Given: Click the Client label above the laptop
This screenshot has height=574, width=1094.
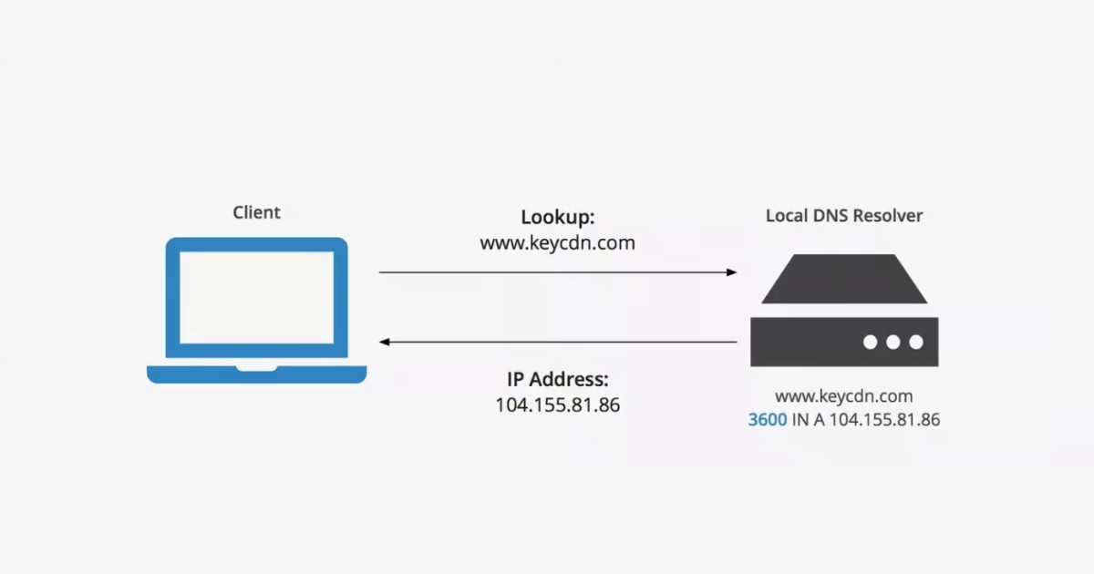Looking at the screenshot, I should coord(256,212).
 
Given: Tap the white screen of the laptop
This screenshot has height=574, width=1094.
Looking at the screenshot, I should coord(256,298).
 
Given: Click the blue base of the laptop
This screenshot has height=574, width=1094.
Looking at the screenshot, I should coord(256,374).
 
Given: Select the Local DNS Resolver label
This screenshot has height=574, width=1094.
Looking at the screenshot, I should coord(843,216).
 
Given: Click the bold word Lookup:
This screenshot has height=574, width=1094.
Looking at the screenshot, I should coord(557,218).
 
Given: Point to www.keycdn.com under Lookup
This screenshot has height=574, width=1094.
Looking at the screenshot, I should coord(557,243).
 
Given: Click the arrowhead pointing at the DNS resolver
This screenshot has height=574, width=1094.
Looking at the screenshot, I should coord(731,272).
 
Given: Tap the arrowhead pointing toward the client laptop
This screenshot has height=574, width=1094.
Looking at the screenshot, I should coord(386,342).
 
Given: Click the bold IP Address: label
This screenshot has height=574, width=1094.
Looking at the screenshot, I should coord(557,379).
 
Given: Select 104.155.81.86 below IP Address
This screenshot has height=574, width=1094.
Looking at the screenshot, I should coord(557,405).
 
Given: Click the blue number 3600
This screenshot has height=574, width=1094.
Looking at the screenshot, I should coord(767,420).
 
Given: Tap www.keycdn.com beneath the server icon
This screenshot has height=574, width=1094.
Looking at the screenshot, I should coord(843,396).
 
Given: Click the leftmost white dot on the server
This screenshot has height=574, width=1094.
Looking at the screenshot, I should coord(870,342).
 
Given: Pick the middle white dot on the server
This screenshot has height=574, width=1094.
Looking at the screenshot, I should coord(893,342).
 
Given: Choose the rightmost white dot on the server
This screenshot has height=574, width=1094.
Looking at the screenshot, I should coord(915,342).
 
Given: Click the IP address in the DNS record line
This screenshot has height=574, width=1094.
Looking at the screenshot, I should coord(883,420).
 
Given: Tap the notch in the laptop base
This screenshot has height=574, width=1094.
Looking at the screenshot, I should coord(256,368).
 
